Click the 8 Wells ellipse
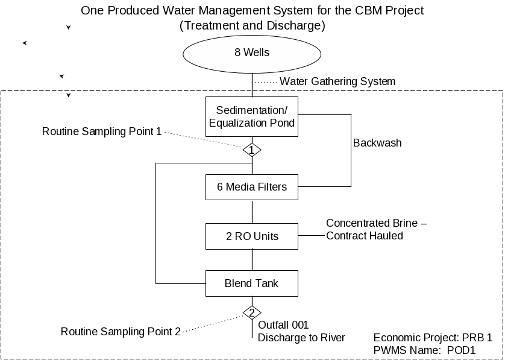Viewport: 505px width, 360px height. pos(252,54)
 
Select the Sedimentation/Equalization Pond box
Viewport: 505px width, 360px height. pos(252,116)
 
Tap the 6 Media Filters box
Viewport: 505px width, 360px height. pos(252,188)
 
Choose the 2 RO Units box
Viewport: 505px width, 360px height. pos(252,236)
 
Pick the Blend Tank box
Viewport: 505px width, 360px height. pos(252,283)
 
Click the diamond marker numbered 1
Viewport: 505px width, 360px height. pos(252,150)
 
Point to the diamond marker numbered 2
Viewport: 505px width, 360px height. pos(252,312)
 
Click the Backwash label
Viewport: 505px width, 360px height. pos(377,143)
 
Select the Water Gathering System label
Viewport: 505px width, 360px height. pos(337,81)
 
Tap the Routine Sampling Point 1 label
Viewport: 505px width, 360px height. pos(102,131)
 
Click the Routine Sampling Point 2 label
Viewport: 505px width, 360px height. pos(121,332)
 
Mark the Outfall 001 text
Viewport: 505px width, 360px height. pos(283,325)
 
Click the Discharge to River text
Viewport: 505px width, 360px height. pos(301,338)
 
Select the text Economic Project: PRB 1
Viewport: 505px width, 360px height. pos(433,338)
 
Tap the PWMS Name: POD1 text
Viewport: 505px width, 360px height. pos(424,350)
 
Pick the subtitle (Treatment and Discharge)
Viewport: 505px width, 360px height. pos(252,25)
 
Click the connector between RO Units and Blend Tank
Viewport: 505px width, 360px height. pos(252,260)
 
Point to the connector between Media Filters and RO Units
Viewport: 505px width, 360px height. pos(252,212)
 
